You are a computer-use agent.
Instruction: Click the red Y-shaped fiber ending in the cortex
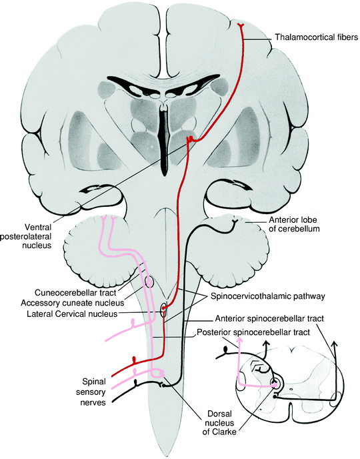[243, 26]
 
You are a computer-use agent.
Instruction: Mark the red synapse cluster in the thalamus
[191, 138]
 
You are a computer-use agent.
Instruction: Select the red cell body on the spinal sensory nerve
[135, 359]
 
